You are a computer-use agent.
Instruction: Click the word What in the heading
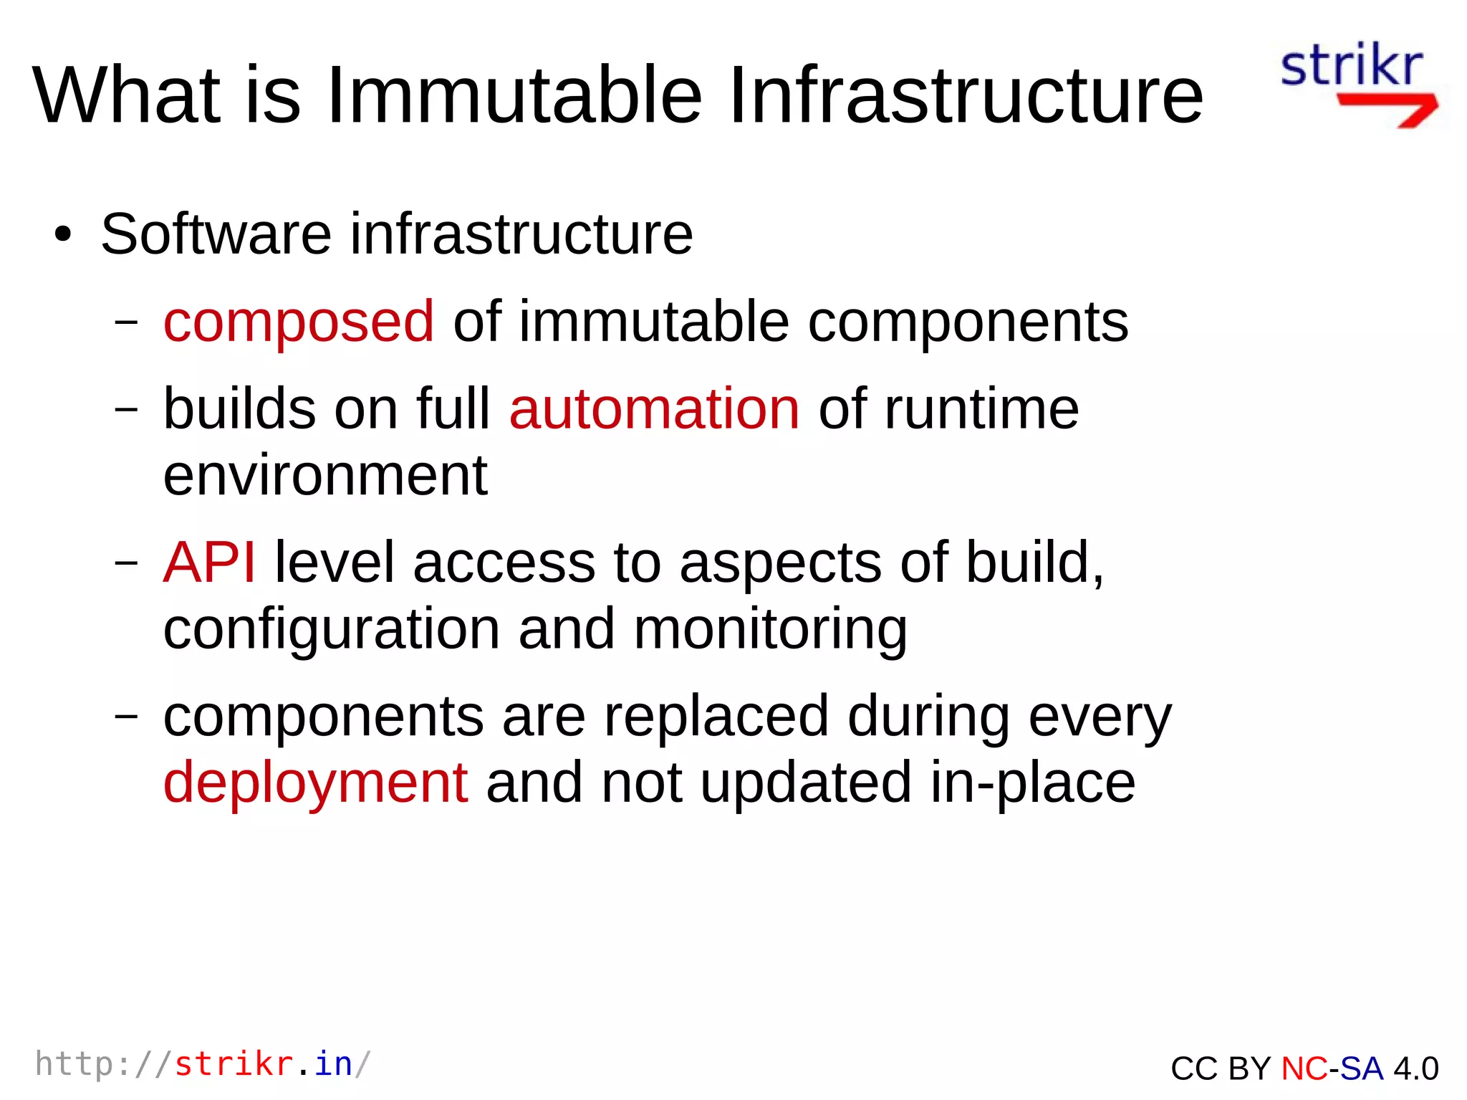(127, 95)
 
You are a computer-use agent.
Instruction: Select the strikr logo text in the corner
(1351, 66)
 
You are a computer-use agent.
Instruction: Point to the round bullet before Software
(63, 235)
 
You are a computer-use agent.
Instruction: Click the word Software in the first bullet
(216, 234)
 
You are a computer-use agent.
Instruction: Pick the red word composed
(299, 322)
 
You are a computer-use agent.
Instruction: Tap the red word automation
(654, 409)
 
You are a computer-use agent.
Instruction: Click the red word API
(209, 563)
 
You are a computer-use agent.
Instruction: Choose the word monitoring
(770, 630)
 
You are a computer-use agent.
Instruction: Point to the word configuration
(331, 630)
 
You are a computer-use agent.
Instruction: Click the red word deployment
(316, 783)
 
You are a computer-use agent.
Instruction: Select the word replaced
(716, 716)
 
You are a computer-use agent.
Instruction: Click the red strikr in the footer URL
(234, 1064)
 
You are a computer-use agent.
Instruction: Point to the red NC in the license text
(1304, 1068)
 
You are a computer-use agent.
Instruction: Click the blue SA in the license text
(1361, 1068)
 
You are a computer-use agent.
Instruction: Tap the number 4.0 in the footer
(1416, 1068)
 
